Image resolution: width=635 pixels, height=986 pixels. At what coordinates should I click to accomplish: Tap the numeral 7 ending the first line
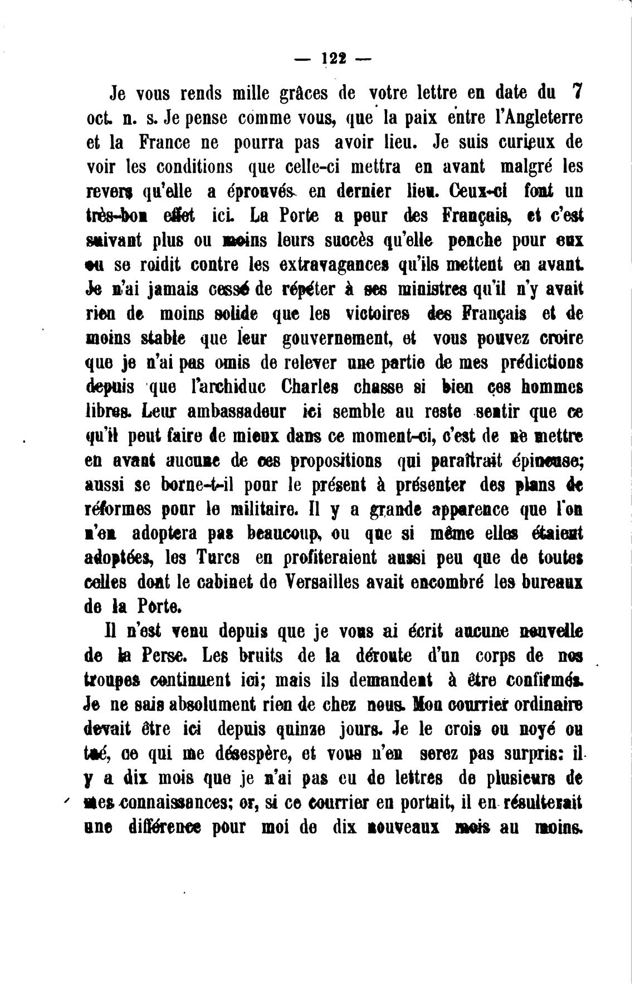[x=577, y=91]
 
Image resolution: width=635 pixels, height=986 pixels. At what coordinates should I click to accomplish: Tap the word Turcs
[x=217, y=558]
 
